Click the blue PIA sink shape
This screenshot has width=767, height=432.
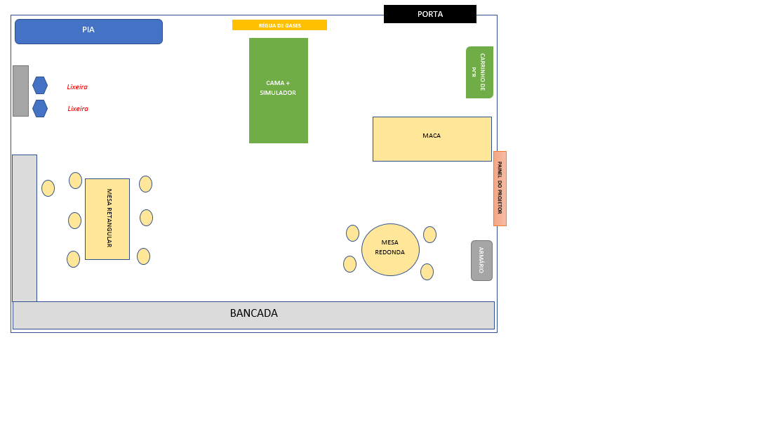[88, 32]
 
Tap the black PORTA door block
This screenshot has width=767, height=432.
[429, 14]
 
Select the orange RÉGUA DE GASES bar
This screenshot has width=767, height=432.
[279, 25]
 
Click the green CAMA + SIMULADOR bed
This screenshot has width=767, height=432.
[278, 91]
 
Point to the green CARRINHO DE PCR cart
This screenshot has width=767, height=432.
[479, 72]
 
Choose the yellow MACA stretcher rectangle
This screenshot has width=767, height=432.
[432, 139]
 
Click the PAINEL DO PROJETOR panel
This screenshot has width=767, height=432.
[500, 188]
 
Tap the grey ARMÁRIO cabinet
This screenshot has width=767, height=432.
[481, 261]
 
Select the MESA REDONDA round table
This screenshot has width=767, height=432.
[390, 249]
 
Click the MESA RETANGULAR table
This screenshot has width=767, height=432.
[107, 219]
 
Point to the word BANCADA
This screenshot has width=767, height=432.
[254, 313]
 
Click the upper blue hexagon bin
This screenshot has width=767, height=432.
[40, 85]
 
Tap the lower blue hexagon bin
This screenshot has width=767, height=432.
[40, 108]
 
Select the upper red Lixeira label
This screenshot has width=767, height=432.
[77, 87]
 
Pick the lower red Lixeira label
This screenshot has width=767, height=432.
[78, 109]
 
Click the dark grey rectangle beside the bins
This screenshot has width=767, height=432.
[20, 91]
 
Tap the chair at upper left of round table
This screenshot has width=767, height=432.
[352, 233]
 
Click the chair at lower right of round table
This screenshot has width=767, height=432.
[427, 272]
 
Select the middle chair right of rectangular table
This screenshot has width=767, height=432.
[146, 218]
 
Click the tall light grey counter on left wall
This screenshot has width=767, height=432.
[25, 228]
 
